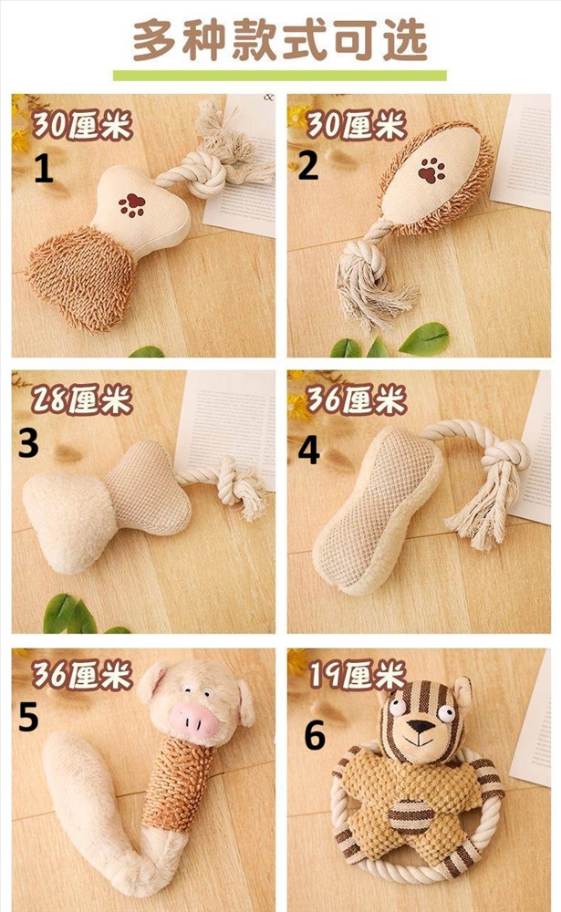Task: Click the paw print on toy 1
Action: click(132, 205)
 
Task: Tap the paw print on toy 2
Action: click(431, 170)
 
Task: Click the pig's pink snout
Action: click(193, 720)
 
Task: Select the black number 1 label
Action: click(44, 169)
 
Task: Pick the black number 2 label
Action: click(308, 165)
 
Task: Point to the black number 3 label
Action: click(28, 444)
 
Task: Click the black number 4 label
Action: click(309, 451)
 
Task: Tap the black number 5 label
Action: click(28, 717)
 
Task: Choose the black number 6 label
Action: click(315, 735)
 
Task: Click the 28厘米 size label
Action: click(81, 399)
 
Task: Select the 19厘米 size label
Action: click(356, 675)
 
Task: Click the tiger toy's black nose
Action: click(420, 726)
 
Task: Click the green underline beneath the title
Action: click(280, 76)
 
